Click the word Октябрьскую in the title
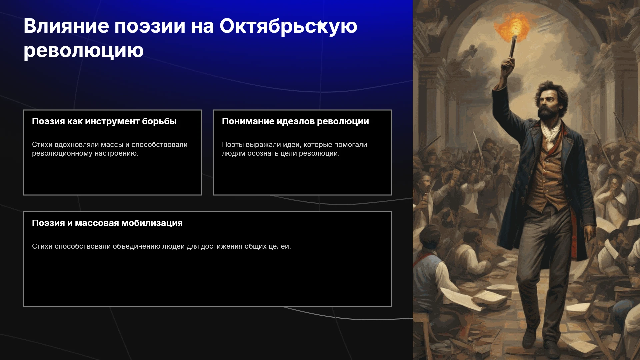288,27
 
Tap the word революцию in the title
84,51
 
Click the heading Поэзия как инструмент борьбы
104,122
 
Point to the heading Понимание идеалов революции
295,121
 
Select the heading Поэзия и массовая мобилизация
107,223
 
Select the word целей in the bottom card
280,246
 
